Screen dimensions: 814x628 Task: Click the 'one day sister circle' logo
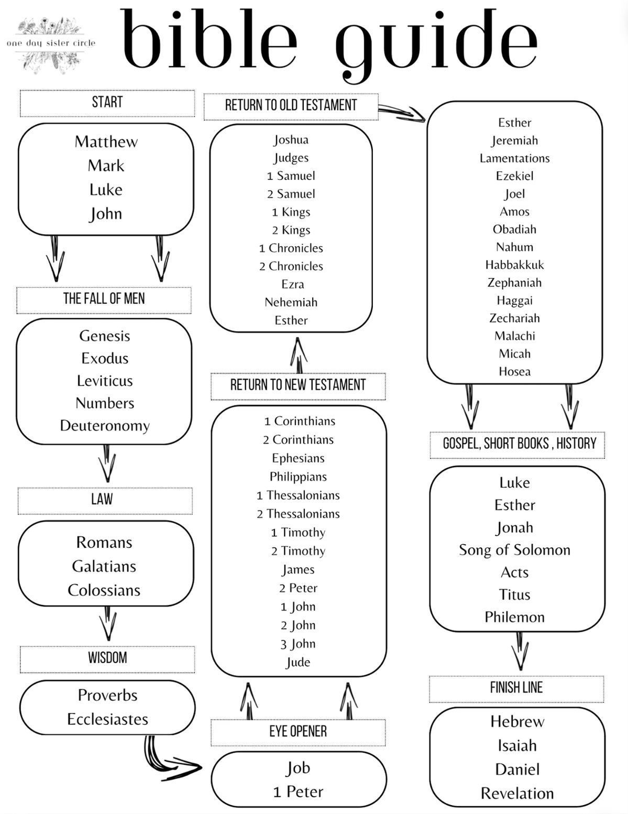(x=51, y=44)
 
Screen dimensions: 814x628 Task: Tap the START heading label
(x=107, y=102)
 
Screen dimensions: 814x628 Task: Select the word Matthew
(x=106, y=141)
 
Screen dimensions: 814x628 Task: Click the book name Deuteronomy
(x=105, y=425)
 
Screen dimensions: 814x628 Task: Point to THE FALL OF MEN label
(x=104, y=299)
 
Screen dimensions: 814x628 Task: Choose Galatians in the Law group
(x=104, y=566)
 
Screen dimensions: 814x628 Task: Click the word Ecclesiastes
(x=107, y=719)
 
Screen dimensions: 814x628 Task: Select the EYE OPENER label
(x=298, y=731)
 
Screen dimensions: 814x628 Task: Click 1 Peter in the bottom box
(x=298, y=791)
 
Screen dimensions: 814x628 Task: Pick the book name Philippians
(x=298, y=477)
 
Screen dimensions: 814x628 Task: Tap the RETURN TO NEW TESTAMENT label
(x=298, y=385)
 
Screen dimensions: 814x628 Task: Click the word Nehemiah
(x=291, y=302)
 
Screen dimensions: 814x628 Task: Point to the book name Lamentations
(x=514, y=158)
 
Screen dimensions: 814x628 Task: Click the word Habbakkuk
(x=514, y=265)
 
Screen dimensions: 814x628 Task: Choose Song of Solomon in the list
(x=514, y=550)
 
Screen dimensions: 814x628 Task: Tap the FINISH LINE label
(x=516, y=688)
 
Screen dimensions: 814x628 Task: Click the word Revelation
(x=517, y=793)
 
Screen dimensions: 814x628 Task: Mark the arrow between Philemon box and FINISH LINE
(x=520, y=651)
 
